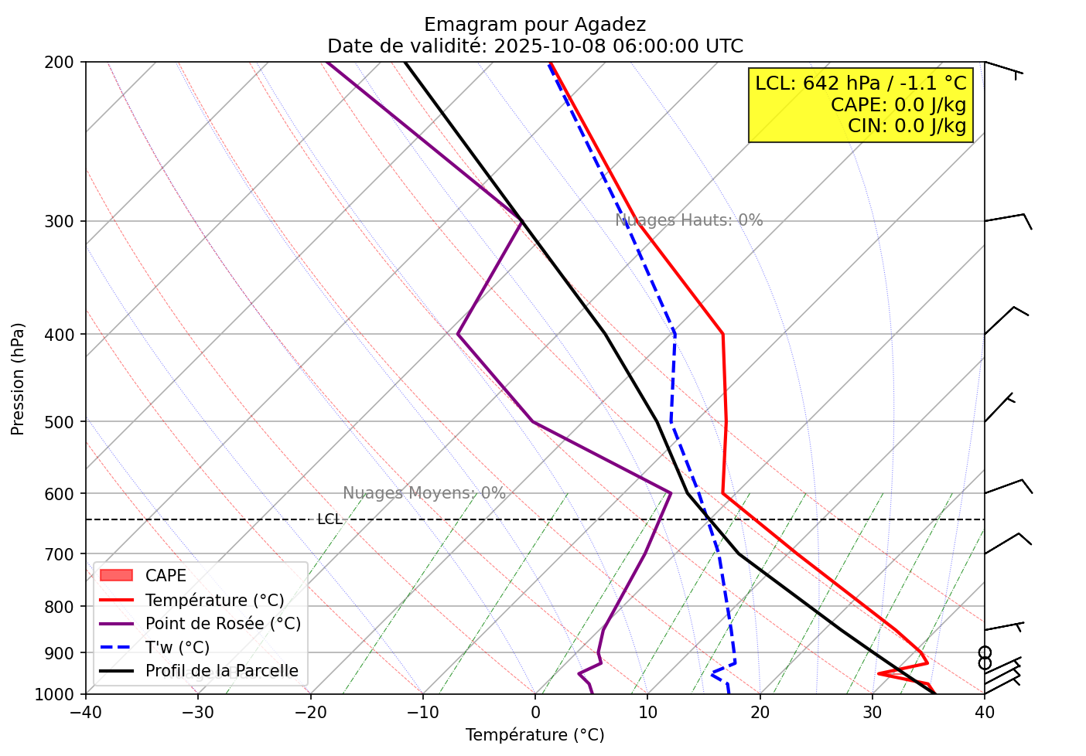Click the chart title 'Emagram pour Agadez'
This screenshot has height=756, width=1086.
pos(534,25)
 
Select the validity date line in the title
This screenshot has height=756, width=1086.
pos(534,46)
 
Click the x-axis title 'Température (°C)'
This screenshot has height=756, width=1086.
pos(534,735)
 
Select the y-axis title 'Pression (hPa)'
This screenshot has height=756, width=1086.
pos(18,379)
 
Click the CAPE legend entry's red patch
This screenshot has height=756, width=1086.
pos(117,576)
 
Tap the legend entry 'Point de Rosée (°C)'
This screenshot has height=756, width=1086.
pos(223,624)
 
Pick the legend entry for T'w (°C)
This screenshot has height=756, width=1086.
pos(177,648)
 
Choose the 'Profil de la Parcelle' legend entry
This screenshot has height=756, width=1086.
pos(221,671)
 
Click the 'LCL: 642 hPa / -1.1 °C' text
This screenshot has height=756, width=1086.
pos(860,83)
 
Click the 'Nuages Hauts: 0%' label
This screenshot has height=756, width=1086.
pos(688,220)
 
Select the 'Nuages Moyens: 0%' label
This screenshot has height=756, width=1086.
pos(424,493)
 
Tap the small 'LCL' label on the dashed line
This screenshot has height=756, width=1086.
pos(330,519)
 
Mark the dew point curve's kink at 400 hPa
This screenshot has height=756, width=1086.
pos(458,335)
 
